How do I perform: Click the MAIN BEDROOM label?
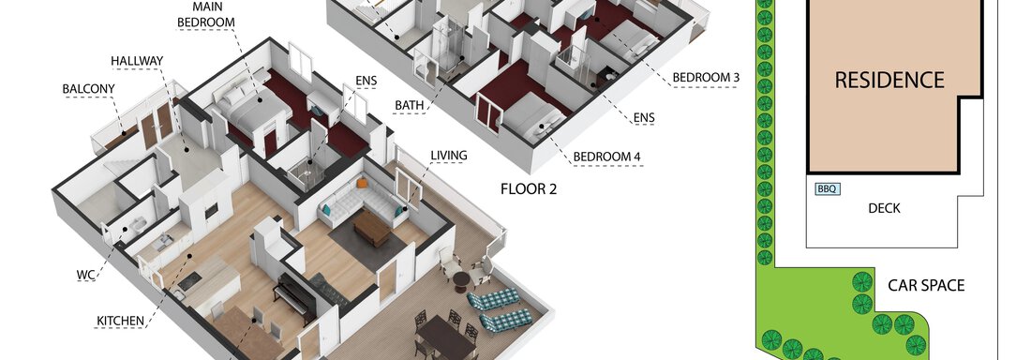pos(206,14)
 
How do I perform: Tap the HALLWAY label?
pos(137,61)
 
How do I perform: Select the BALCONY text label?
pos(89,89)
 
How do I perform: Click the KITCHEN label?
pos(120,322)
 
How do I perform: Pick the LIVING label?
pos(449,156)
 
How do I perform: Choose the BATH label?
pos(409,105)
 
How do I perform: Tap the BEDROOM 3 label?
pos(706,78)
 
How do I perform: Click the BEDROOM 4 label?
pos(607,157)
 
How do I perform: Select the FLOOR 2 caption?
pos(529,189)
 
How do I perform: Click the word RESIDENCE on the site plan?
pos(889,81)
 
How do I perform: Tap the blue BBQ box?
pos(828,189)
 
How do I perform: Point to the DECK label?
pos(885,209)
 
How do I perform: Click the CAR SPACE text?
pos(926,286)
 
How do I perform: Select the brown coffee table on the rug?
pos(371,228)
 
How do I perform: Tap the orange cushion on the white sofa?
pos(363,183)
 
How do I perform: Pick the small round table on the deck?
pos(461,279)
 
